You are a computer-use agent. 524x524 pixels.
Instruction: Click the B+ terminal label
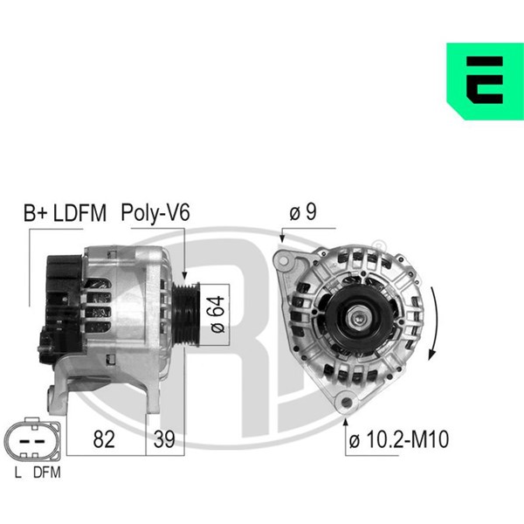click(x=36, y=213)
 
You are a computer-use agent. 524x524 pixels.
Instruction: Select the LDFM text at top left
click(x=79, y=213)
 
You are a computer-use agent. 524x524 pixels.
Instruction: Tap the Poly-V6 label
click(x=155, y=213)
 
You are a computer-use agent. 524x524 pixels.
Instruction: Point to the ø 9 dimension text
click(x=303, y=212)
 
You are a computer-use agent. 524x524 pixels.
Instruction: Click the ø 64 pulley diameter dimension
click(x=217, y=314)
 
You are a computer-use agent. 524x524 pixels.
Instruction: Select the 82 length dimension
click(x=104, y=438)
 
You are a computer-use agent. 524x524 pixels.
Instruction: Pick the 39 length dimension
click(x=164, y=438)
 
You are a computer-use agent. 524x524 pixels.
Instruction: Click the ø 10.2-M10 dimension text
click(x=399, y=439)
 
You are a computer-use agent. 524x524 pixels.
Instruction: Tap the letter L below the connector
click(x=17, y=472)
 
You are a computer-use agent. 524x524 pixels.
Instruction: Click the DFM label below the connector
click(x=47, y=472)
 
